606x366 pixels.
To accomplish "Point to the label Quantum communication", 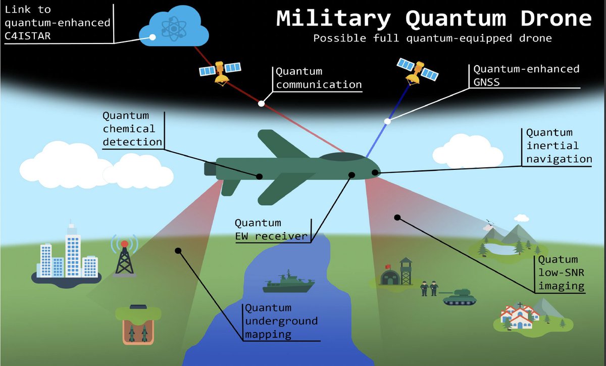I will [x=319, y=78].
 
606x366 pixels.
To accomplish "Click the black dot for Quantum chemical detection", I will [x=260, y=176].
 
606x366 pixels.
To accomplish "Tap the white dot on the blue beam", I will [x=387, y=121].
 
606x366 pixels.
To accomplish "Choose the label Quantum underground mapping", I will [x=281, y=321].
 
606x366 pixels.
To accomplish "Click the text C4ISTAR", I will [x=29, y=36].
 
